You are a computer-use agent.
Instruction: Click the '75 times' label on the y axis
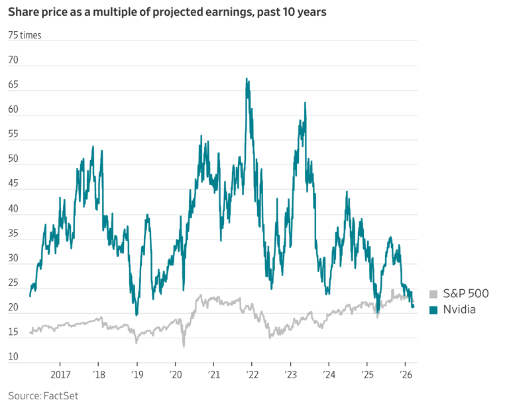(25, 35)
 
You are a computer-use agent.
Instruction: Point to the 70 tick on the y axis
(13, 60)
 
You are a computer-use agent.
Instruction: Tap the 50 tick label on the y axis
(13, 159)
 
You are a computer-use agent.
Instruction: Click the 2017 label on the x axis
(60, 374)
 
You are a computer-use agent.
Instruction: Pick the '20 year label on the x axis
(175, 374)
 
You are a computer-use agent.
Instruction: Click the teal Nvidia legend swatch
(433, 310)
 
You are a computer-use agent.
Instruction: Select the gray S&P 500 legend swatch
(433, 294)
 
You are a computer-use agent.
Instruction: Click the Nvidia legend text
(459, 310)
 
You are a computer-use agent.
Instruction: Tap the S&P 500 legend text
(466, 294)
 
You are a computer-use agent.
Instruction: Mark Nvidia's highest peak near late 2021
(247, 79)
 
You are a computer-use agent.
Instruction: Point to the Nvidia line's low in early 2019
(137, 314)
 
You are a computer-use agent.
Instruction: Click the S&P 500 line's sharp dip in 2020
(184, 346)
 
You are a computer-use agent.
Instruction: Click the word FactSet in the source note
(60, 396)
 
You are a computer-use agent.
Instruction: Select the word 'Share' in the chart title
(24, 13)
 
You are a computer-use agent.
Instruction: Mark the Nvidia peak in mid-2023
(305, 103)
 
